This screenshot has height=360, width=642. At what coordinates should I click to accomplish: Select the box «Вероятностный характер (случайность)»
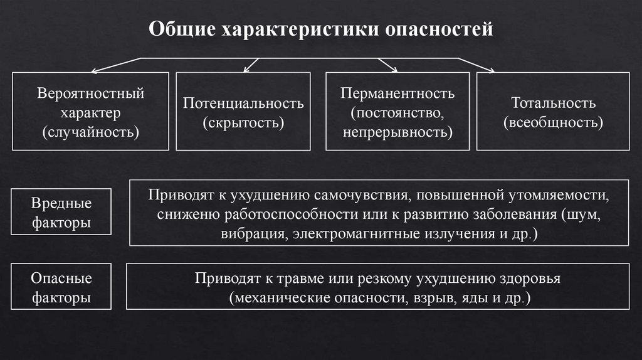tap(91, 112)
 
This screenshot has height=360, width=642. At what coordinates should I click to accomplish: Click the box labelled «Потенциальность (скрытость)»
tap(243, 112)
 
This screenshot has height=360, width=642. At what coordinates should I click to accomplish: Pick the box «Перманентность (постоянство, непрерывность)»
tap(397, 112)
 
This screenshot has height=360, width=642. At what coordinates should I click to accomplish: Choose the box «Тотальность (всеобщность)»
tap(553, 112)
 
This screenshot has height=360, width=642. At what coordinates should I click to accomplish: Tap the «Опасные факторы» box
tap(61, 288)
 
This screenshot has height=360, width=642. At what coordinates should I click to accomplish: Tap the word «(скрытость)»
tap(243, 122)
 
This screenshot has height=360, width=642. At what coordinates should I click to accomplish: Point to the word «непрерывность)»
tap(397, 132)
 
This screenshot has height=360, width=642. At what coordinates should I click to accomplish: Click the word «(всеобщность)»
tap(553, 122)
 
